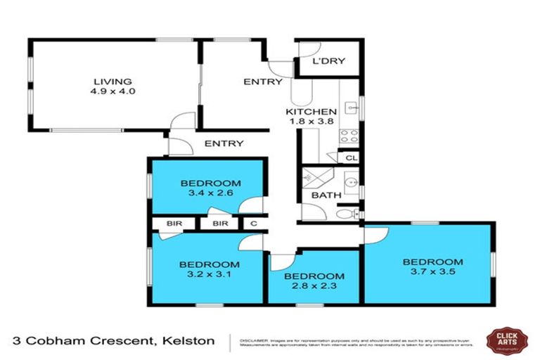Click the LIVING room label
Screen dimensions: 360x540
(x=115, y=82)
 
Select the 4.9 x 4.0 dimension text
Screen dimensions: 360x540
(x=115, y=91)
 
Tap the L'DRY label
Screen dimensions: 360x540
(x=328, y=61)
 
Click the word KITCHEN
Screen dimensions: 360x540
(x=311, y=112)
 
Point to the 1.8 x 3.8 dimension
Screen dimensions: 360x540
(x=311, y=122)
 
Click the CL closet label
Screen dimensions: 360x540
(x=350, y=157)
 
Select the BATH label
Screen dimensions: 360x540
(x=326, y=195)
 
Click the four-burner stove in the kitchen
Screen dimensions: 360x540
(x=349, y=135)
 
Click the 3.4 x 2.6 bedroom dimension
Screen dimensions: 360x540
(x=206, y=192)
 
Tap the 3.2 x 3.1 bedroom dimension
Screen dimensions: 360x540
(x=209, y=274)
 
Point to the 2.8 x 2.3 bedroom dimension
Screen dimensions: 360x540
(x=314, y=286)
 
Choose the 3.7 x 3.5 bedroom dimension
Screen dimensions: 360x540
(x=432, y=272)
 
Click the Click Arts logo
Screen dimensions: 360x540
(x=508, y=340)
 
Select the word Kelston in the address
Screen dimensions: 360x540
(x=190, y=341)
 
